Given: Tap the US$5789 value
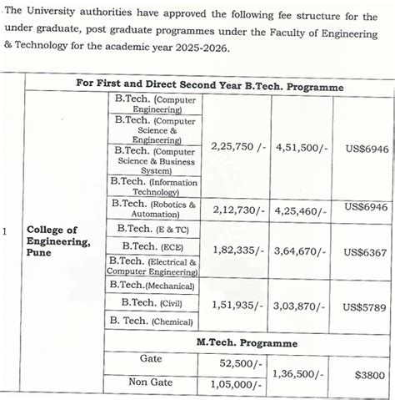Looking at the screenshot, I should [x=365, y=306].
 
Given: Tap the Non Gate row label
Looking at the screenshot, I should [x=150, y=382].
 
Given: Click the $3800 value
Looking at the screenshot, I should [x=365, y=375].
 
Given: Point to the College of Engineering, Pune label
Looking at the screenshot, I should [x=58, y=241].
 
